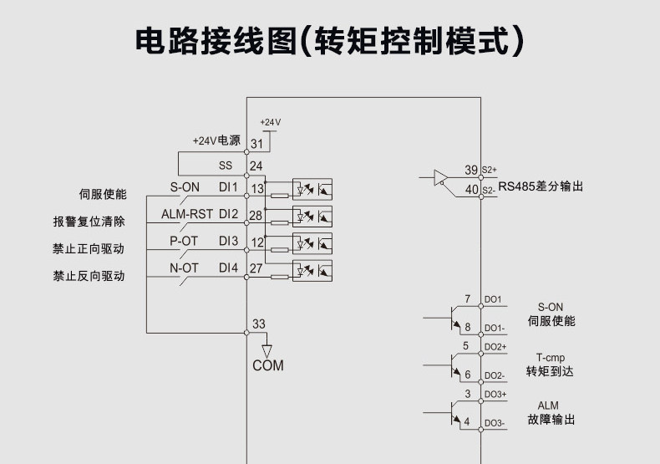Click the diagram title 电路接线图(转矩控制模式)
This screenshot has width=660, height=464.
(x=330, y=41)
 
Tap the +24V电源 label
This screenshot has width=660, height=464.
(x=216, y=140)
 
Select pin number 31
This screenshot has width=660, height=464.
(x=256, y=144)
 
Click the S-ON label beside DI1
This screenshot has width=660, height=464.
(x=185, y=186)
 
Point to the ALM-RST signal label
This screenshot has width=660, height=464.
(x=187, y=214)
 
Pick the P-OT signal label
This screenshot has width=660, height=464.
(x=184, y=242)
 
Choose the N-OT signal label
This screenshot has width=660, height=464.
(x=184, y=268)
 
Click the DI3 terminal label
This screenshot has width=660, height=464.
(x=228, y=242)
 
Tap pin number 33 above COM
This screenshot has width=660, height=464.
(x=258, y=324)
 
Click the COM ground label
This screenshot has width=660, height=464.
(x=268, y=365)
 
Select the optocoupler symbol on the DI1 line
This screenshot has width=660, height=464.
(x=312, y=189)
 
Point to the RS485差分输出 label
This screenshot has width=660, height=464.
(x=541, y=186)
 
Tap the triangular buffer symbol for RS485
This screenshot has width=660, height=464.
(x=440, y=177)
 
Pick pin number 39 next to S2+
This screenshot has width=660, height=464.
(x=471, y=171)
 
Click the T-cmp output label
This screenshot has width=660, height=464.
(x=550, y=357)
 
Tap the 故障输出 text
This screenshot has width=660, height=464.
(x=550, y=420)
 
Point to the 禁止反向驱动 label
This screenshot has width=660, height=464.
(x=89, y=276)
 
